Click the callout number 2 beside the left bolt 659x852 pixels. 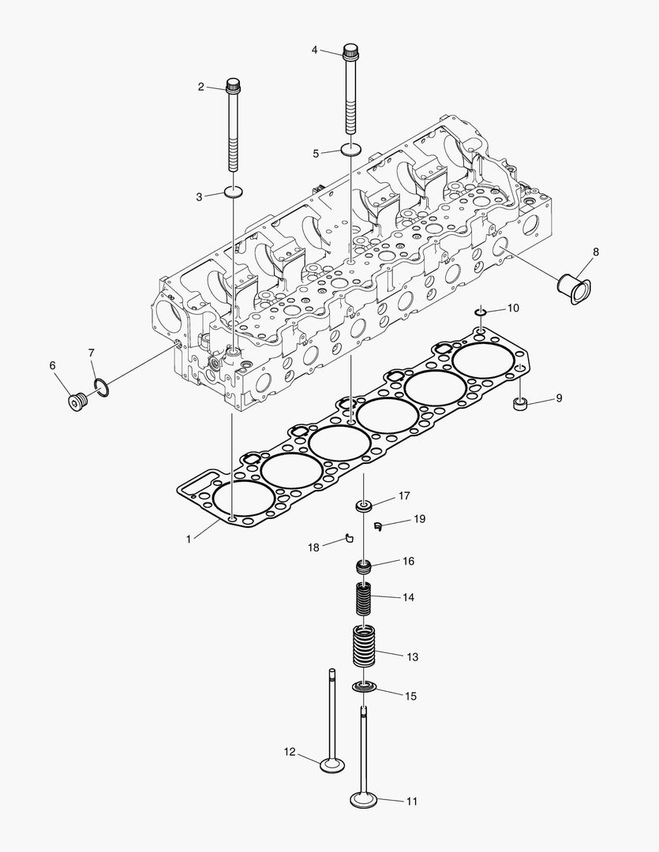pos(200,86)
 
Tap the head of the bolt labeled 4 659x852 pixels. pos(350,53)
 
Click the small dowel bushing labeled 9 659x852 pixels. pos(520,405)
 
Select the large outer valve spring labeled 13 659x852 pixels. pos(364,643)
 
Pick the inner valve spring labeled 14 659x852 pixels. pos(364,599)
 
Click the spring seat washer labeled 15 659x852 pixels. pos(364,688)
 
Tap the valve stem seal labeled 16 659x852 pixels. pos(364,566)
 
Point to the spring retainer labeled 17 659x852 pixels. pos(364,505)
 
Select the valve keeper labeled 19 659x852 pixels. pos(379,524)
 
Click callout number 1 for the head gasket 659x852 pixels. pos(189,540)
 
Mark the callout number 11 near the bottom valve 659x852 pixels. pos(411,802)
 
